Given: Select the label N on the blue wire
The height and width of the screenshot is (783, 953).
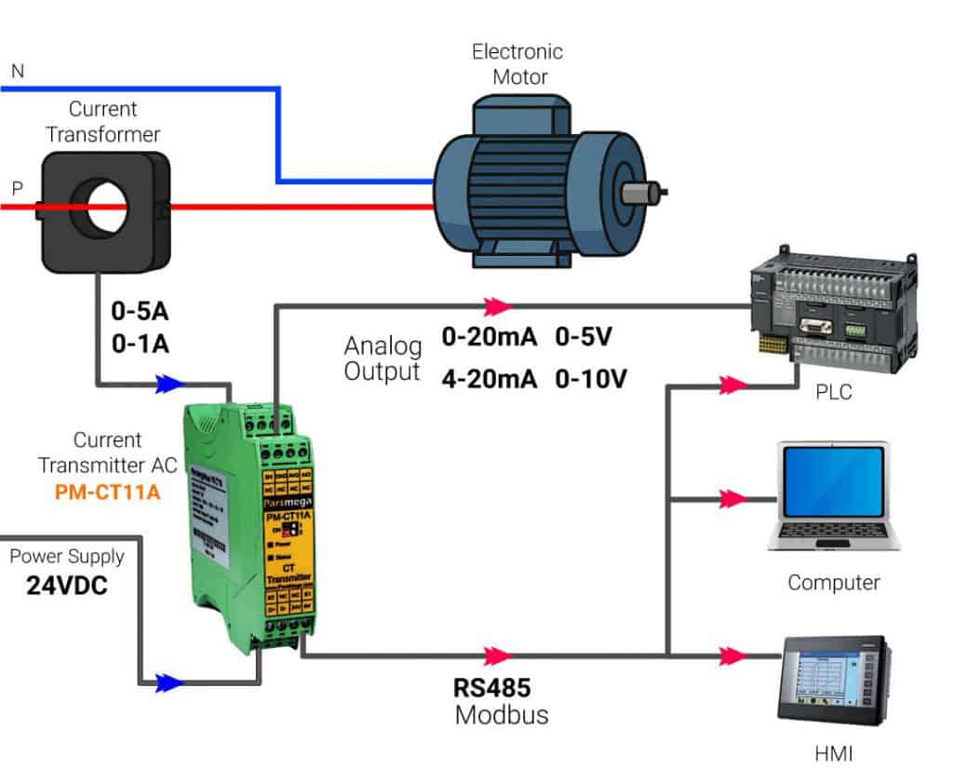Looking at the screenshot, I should (17, 71).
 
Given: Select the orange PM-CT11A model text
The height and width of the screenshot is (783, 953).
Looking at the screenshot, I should (108, 493).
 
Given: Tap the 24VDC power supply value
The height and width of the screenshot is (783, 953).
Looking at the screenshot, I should (66, 587).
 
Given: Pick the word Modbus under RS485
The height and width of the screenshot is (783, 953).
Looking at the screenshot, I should (502, 715).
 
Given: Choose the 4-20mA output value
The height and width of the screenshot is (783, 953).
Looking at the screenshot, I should (490, 378).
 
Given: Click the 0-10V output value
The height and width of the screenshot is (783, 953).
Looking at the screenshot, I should (591, 378).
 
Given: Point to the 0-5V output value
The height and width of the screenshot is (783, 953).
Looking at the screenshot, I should (584, 338).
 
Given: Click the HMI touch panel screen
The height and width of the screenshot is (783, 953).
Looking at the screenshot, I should (820, 682).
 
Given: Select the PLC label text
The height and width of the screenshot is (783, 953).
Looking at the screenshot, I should (832, 393).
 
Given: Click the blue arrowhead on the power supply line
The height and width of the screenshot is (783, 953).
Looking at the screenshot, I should (168, 682).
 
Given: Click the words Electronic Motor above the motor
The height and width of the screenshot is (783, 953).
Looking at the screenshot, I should (517, 63).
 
